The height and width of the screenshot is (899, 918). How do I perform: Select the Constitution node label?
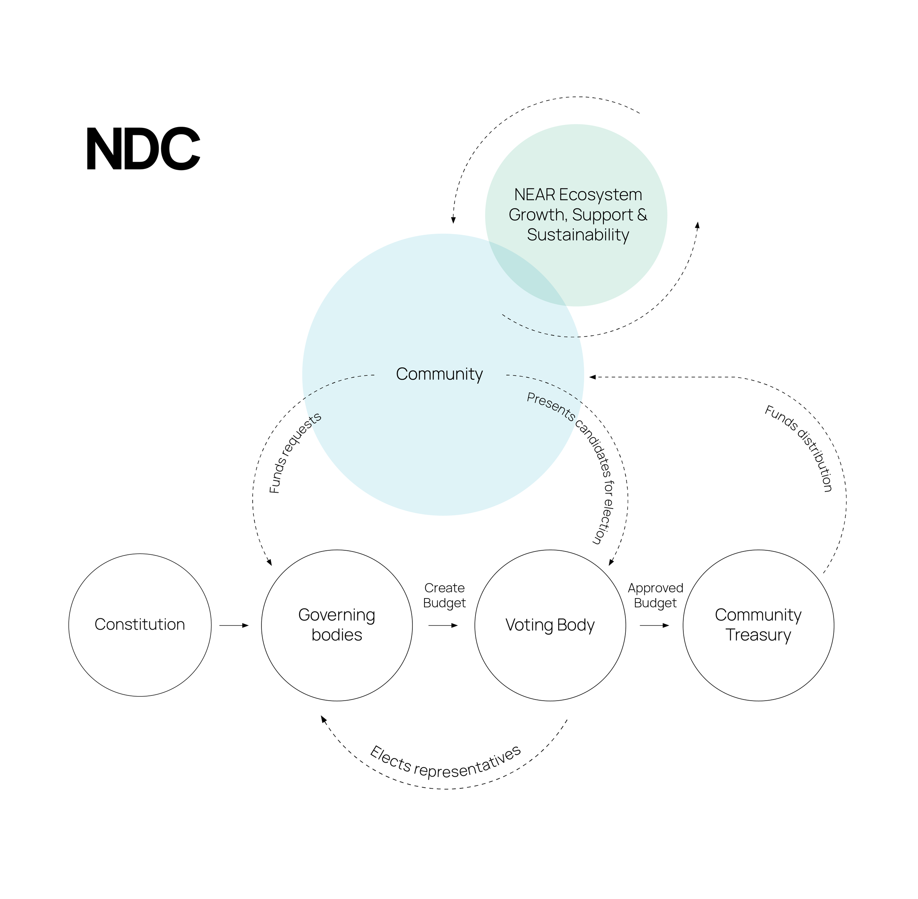coord(140,624)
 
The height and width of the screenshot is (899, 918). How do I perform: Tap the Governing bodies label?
coord(336,624)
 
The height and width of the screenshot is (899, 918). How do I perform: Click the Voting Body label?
coord(550,625)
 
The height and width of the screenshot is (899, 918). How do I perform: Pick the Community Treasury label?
coord(758,624)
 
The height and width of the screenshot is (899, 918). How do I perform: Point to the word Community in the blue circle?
coord(439,374)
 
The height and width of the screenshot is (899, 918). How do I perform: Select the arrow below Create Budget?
coord(443,625)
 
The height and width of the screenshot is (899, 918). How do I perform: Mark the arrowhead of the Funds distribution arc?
coord(592,377)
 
